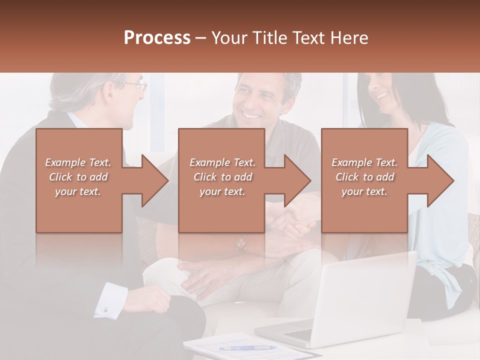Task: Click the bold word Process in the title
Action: click(x=157, y=37)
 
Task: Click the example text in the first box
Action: click(x=78, y=177)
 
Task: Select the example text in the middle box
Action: click(x=222, y=177)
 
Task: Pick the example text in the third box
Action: click(x=364, y=177)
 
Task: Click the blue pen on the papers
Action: click(x=247, y=348)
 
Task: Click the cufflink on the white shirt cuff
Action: click(x=105, y=310)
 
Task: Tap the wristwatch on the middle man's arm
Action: click(x=242, y=243)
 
